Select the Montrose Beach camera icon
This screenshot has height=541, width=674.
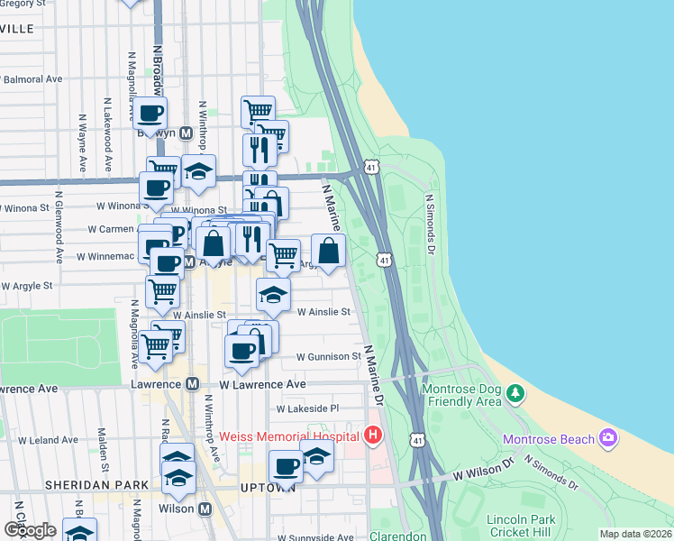[x=608, y=438]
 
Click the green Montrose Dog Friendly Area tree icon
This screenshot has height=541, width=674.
[x=515, y=393]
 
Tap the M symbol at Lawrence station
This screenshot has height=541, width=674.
[x=192, y=384]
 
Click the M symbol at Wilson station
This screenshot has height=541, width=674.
[x=205, y=509]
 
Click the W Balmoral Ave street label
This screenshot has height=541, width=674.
[x=32, y=79]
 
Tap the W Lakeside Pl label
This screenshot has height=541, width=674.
[x=307, y=408]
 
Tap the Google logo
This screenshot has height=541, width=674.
[x=30, y=530]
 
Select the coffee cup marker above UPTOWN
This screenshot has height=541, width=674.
[x=286, y=468]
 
